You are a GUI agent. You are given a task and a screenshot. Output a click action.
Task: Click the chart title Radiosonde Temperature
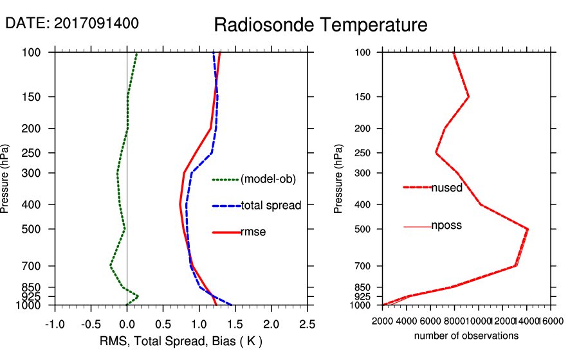pos(320,25)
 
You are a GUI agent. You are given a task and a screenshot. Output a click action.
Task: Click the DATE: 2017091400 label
pos(72,23)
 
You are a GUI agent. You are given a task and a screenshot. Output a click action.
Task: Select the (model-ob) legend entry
pos(268,179)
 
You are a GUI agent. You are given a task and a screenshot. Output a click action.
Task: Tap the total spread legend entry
pos(271,206)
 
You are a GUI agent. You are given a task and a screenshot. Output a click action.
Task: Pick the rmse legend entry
pos(253,232)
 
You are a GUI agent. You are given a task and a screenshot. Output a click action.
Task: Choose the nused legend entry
pos(446,187)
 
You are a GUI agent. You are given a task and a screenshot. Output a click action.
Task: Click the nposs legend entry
pos(446,226)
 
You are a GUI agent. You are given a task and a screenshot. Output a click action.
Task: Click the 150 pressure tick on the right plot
pos(365,97)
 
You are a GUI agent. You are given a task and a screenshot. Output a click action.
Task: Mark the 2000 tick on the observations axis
pos(382,321)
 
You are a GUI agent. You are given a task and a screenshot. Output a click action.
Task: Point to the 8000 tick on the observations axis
pos(454,321)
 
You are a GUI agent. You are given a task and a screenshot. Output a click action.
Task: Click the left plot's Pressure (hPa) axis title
pos(6,179)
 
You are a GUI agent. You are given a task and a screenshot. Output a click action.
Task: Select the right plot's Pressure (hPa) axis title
pos(338,179)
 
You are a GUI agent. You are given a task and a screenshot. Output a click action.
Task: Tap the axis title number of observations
pos(466,336)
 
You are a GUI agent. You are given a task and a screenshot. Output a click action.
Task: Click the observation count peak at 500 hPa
pos(528,229)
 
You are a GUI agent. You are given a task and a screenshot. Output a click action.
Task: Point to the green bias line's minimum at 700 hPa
pos(111,265)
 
